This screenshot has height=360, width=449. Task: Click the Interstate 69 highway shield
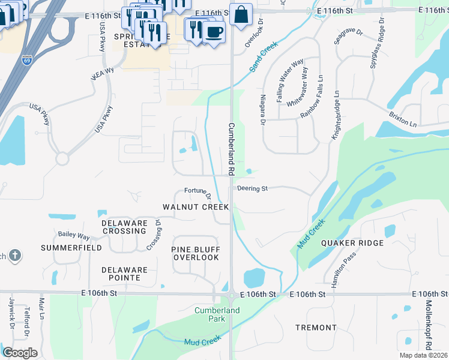coord(27,60)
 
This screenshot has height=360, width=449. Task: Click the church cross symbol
coord(15,256)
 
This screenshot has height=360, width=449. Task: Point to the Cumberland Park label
coord(217,314)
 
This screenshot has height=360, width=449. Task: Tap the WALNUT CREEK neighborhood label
coord(196,207)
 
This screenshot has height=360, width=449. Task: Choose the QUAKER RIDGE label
coord(352,242)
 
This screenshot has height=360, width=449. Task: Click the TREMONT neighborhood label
coord(316,328)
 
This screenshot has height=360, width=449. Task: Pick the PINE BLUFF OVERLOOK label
coord(195,253)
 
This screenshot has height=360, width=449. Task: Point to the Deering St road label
coord(252,188)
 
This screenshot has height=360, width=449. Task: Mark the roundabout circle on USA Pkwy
coord(62,159)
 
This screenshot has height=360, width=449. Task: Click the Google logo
coord(20,352)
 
